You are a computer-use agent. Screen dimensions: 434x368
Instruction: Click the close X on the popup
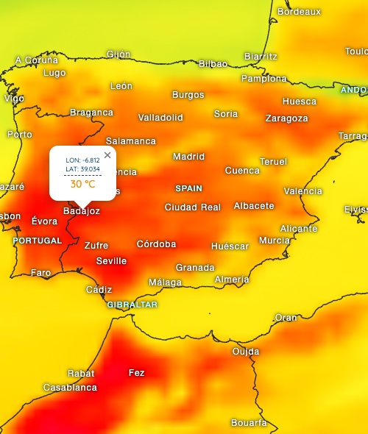(x=107, y=154)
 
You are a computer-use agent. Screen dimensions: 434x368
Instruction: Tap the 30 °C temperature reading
(x=82, y=185)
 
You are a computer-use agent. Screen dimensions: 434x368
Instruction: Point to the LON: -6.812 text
(x=82, y=160)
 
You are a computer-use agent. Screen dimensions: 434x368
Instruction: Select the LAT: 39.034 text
(x=82, y=169)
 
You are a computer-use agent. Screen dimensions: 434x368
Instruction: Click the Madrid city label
(x=188, y=157)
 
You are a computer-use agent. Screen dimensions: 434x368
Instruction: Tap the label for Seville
(x=111, y=261)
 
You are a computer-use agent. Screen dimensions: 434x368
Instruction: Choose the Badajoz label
(x=82, y=211)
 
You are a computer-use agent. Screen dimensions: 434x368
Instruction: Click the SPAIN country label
(x=188, y=188)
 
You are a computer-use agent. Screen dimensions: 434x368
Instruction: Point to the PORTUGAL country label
(x=38, y=241)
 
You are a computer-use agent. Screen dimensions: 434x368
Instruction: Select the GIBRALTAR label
(x=132, y=305)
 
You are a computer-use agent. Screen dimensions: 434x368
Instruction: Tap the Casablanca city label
(x=70, y=388)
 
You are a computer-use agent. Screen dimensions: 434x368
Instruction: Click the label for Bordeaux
(x=299, y=12)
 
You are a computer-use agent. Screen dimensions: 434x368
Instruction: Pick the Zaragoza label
(x=286, y=118)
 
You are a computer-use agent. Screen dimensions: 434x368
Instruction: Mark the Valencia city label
(x=303, y=191)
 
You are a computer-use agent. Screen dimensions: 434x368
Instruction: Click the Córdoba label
(x=156, y=244)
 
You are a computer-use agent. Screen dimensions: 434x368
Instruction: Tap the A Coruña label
(x=37, y=60)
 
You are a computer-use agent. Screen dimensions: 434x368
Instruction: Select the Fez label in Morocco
(x=137, y=373)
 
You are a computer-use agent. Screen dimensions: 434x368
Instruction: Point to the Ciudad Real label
(x=192, y=207)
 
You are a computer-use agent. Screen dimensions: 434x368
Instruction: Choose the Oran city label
(x=286, y=318)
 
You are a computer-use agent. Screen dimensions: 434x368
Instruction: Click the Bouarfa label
(x=249, y=423)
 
